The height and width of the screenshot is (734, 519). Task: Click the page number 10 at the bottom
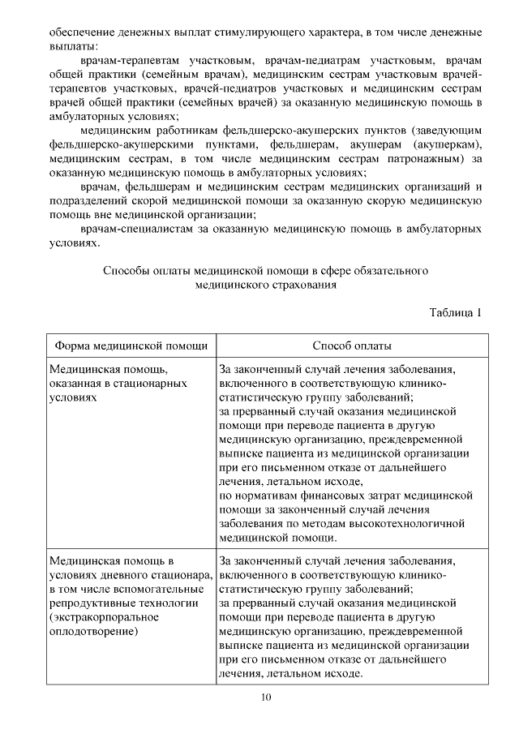tap(265, 698)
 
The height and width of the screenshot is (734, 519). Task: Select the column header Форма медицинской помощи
tap(130, 345)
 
